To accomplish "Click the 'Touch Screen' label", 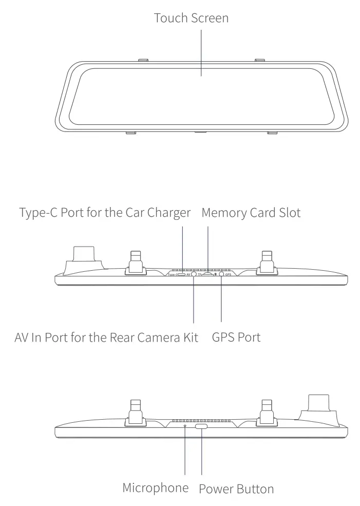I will click(x=191, y=18).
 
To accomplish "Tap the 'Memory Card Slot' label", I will click(x=251, y=213).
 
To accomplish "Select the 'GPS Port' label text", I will click(x=236, y=338).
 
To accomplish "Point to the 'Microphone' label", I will click(x=155, y=487).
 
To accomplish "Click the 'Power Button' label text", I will click(x=236, y=488).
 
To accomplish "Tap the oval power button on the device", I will click(x=201, y=426).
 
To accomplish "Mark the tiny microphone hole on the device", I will click(x=185, y=426).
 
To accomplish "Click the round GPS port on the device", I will click(x=221, y=275).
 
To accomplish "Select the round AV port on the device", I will click(x=194, y=275).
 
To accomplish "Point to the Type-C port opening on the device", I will click(x=181, y=275).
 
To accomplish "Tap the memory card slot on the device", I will click(x=207, y=274).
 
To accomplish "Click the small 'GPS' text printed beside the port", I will click(x=229, y=275).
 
